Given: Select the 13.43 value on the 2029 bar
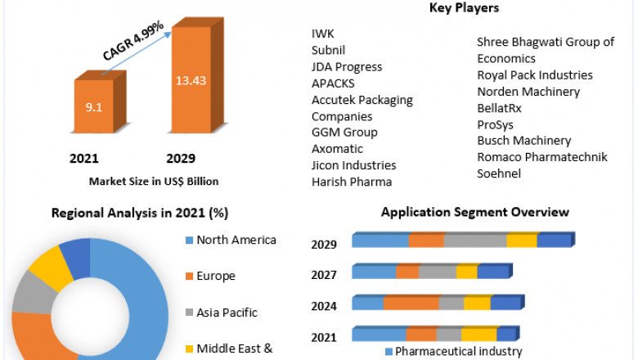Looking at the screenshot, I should point(191,80).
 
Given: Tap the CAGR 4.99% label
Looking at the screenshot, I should point(133,41).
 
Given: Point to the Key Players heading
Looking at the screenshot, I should point(464,8).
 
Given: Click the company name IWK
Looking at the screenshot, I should point(323,34).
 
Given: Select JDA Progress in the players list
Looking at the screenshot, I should point(347,67).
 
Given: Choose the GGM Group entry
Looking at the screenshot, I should point(344,133).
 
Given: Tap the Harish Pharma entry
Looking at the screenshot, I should point(352,182).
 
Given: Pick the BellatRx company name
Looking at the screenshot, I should point(499,108).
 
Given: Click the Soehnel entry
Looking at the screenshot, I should point(499,173).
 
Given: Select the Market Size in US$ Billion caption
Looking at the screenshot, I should point(154,181).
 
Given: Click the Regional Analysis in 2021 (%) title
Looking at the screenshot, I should point(140,214).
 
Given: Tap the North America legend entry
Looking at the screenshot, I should point(236,240).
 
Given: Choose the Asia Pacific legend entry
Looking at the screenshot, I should point(227,312).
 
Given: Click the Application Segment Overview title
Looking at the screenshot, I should point(475,213).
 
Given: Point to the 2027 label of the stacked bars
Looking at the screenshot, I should point(325,274).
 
